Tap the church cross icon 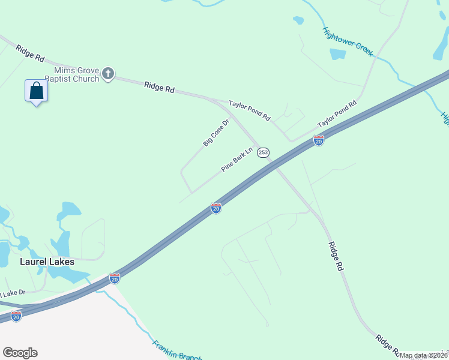click(108, 73)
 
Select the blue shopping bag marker click(36, 91)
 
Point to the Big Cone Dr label click(216, 133)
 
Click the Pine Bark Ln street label click(238, 160)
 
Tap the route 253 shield click(263, 153)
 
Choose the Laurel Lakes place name click(47, 262)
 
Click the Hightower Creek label click(348, 42)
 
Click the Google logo click(20, 353)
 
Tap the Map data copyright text click(423, 355)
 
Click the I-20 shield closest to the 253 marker click(319, 140)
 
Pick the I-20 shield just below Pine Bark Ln click(216, 208)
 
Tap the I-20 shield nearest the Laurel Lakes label click(115, 278)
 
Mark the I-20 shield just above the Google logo click(16, 316)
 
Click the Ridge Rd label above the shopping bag click(31, 54)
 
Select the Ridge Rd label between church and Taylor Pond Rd click(159, 88)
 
